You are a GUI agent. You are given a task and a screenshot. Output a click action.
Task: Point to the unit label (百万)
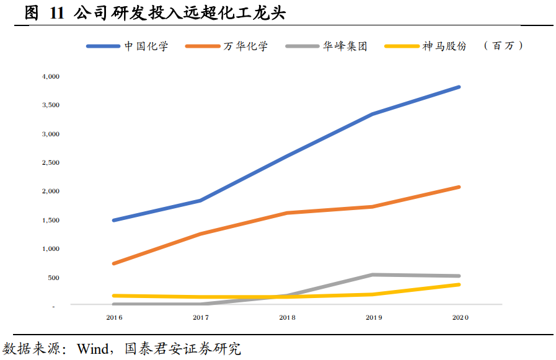pos(503,46)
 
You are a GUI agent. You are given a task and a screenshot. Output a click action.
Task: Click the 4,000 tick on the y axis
pos(51,76)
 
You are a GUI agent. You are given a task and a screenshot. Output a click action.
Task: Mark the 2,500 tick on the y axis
pos(51,162)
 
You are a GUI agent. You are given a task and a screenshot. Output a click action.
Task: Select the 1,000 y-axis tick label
pos(51,248)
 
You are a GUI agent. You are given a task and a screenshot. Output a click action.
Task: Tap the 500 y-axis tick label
pos(54,278)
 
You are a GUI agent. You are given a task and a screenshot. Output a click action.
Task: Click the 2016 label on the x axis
pos(114,317)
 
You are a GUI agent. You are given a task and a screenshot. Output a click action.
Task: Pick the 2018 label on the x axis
pos(287,317)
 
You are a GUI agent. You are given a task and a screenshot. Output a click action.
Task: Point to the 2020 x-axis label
pos(460,317)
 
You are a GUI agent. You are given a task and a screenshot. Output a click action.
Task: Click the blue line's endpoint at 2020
pos(459,87)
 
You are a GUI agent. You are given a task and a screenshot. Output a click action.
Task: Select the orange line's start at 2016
pos(114,263)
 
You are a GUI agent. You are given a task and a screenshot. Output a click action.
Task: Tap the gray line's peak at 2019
pos(373,274)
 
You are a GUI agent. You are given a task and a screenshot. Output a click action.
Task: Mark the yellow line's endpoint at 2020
pos(459,284)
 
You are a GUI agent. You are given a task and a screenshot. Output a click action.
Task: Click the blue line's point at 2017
pos(200,200)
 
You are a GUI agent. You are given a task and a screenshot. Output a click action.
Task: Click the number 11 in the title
pos(56,14)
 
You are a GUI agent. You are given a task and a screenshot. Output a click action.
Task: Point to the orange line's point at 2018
pos(287,213)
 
